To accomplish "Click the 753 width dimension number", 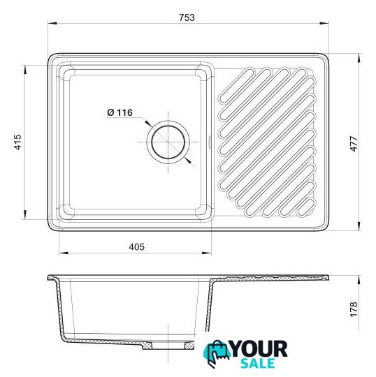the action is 187,17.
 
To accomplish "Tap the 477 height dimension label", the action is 354,144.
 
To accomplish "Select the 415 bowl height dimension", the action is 17,142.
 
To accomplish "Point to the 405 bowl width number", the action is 136,247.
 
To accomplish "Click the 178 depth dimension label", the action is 354,310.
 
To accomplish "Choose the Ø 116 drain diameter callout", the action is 120,112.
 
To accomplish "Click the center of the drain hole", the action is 168,142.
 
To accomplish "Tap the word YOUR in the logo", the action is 259,349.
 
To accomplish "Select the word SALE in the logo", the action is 258,363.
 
